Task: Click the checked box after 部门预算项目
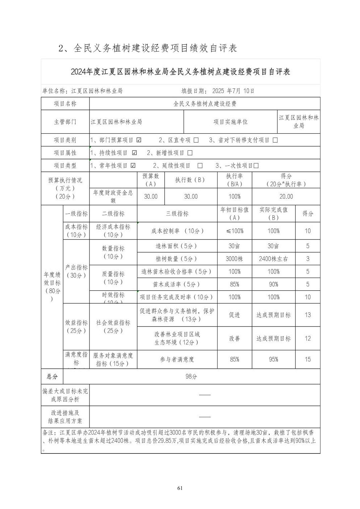tap(139, 140)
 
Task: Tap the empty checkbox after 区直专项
tap(196, 140)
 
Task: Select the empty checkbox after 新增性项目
tap(190, 153)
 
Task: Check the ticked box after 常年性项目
tap(133, 165)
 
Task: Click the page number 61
tap(180, 488)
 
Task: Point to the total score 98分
tap(191, 376)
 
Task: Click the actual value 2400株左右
tap(273, 259)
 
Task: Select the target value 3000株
tap(234, 259)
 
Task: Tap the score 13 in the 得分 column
tap(308, 315)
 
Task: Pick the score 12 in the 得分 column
tap(308, 338)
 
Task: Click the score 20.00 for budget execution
tap(286, 196)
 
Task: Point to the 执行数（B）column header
tap(190, 180)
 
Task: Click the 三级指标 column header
tap(177, 213)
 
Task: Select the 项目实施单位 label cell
tap(230, 122)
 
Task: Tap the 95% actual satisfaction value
tap(273, 359)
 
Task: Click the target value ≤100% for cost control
tap(234, 231)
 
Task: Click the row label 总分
tap(52, 376)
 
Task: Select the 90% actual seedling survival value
tap(273, 284)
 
